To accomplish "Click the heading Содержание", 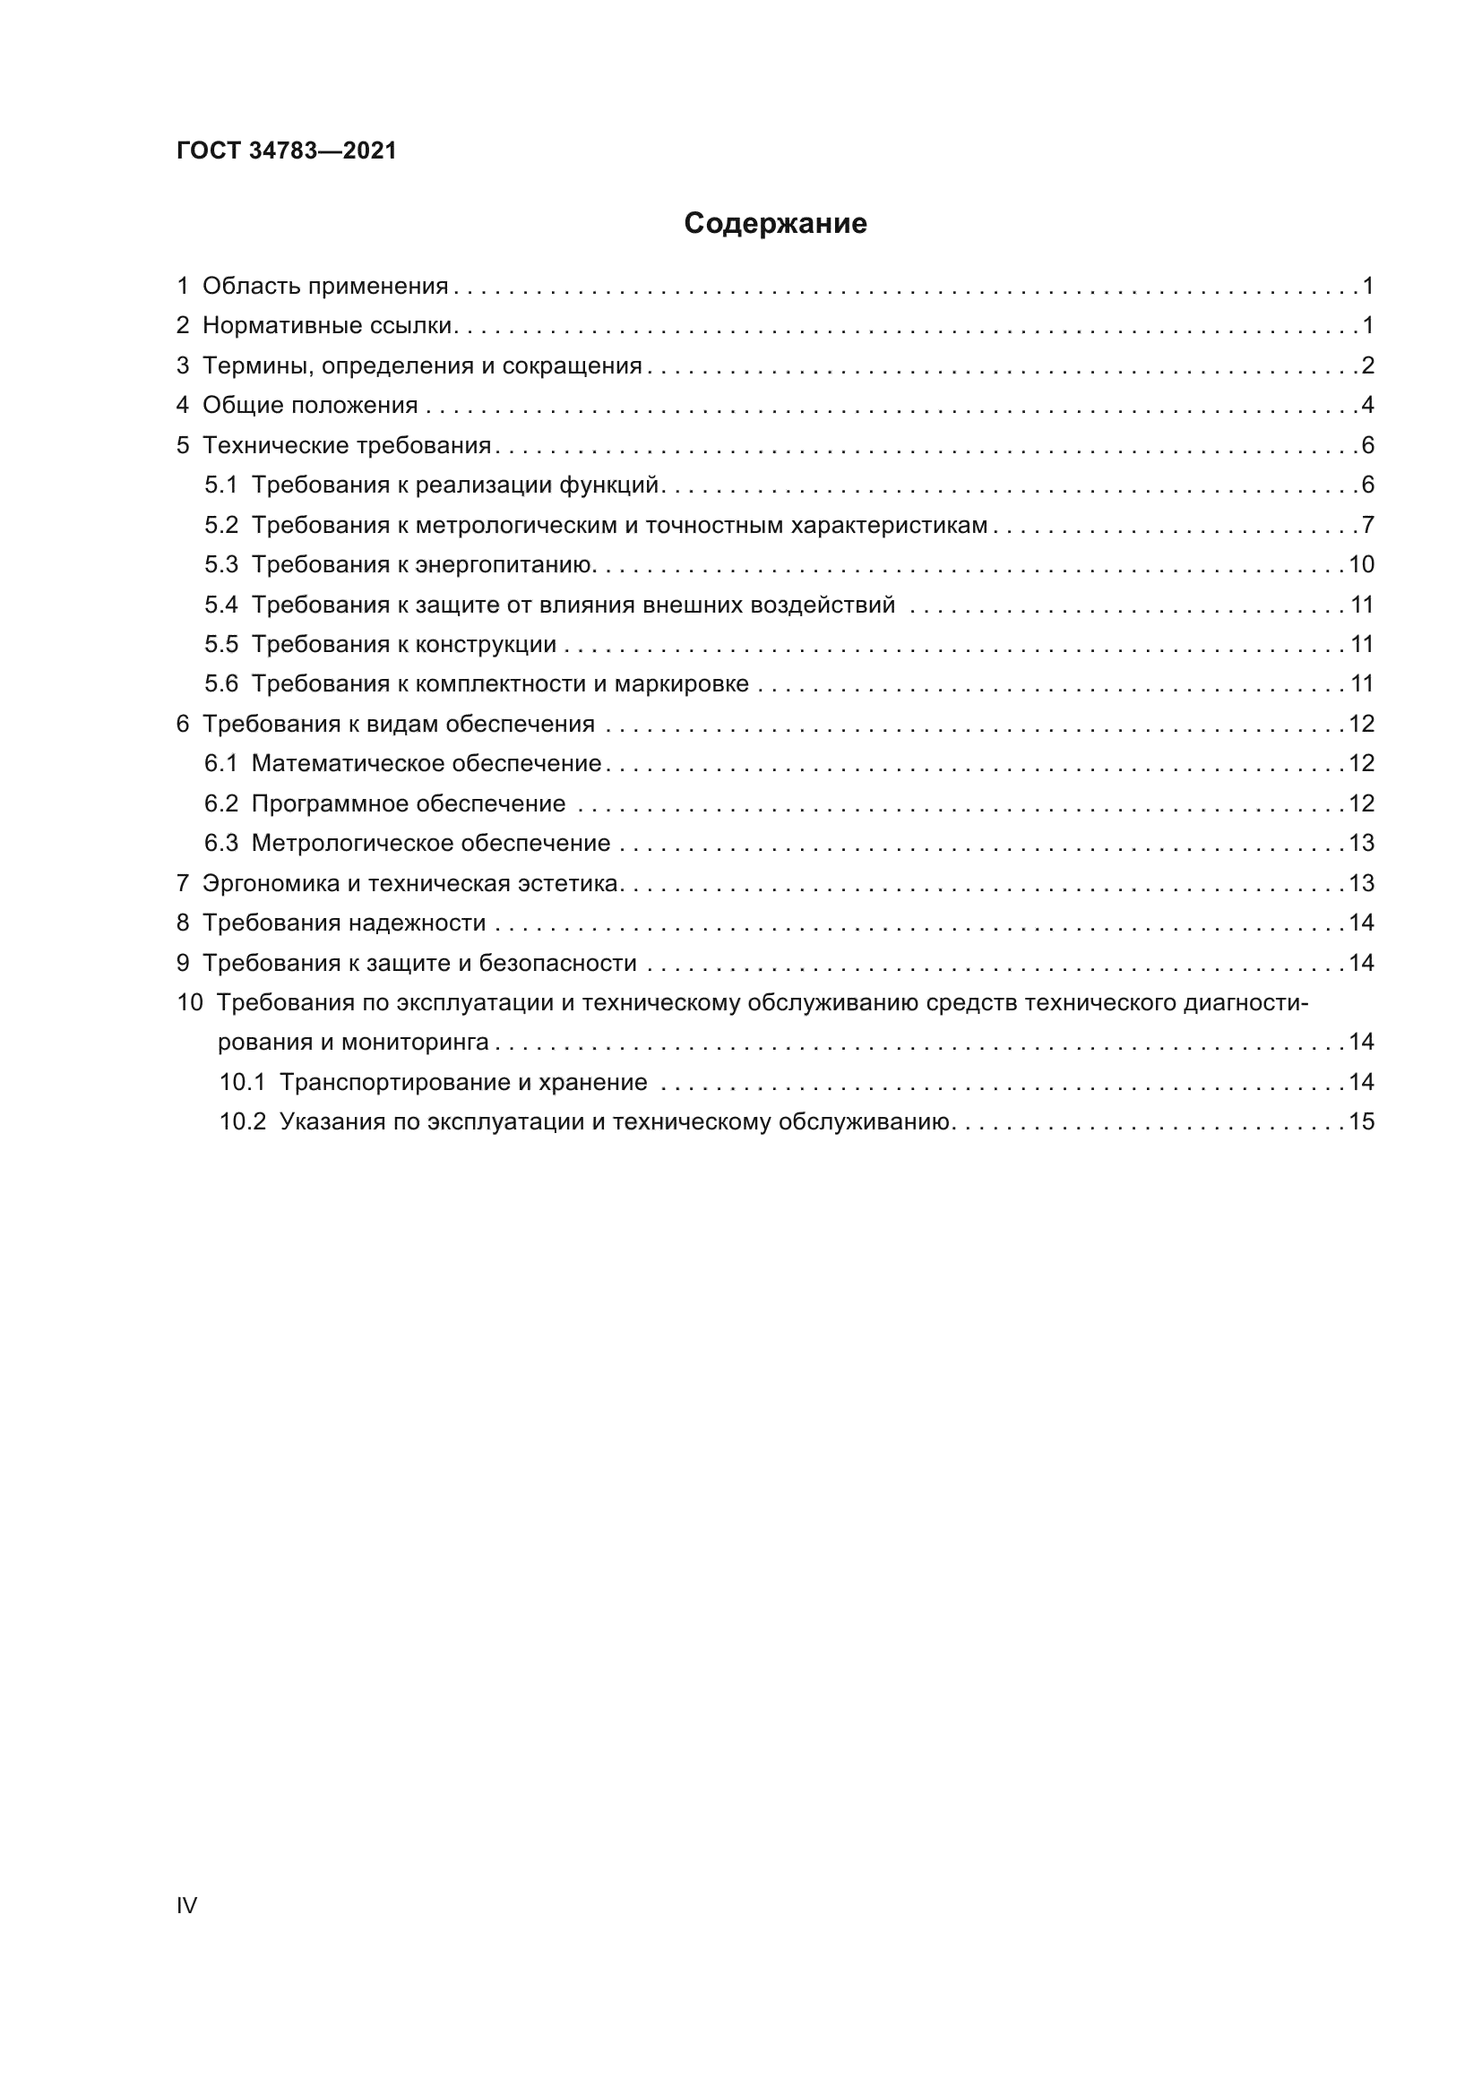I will pos(775,224).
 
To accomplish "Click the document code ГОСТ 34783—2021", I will pos(287,150).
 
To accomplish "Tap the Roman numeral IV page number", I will pos(186,1905).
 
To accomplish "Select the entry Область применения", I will pos(325,287).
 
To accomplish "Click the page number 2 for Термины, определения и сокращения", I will pos(1367,366).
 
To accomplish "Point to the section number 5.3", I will pos(220,565).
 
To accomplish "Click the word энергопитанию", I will pos(504,565).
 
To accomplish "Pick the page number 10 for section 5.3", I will pos(1361,565).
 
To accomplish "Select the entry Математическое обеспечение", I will pos(427,764).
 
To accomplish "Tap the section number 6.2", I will pos(220,803).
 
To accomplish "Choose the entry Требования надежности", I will pos(344,923).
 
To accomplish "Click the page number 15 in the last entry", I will pos(1361,1122).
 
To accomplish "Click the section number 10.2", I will pos(242,1122).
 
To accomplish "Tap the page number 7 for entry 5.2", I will pos(1367,526).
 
